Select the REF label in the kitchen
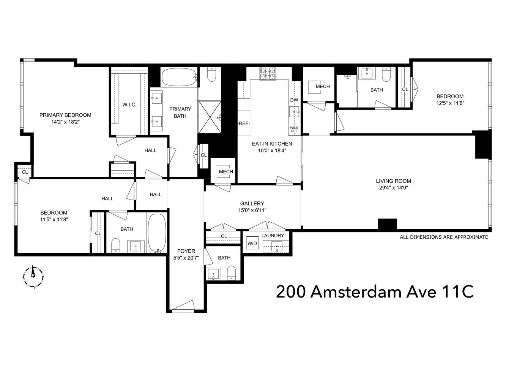point(243,123)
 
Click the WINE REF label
point(294,129)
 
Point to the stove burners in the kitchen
point(268,73)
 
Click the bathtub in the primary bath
point(179,77)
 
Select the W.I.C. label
point(129,104)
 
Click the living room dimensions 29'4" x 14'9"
point(393,187)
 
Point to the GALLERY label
point(252,203)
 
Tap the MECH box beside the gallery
point(225,172)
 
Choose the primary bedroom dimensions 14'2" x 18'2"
point(65,122)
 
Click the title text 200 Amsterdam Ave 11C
point(375,292)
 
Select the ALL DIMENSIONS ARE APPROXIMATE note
point(444,237)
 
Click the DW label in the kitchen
point(294,100)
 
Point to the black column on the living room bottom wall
point(387,224)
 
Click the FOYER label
point(186,251)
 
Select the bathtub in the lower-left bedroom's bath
point(156,233)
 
